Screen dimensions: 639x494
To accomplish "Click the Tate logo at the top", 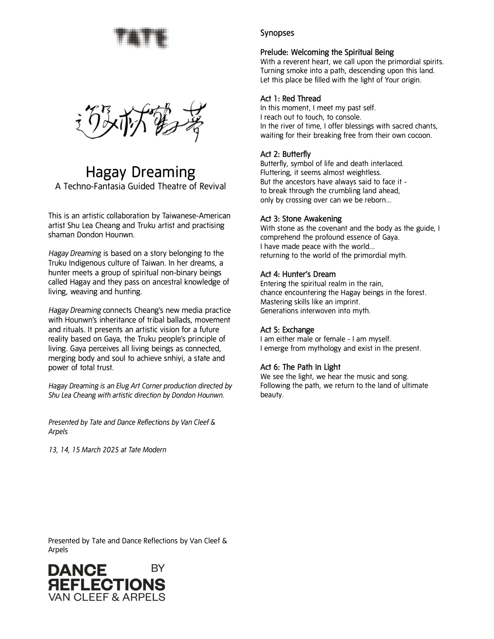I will (141, 38).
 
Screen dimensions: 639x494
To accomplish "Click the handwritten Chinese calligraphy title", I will (140, 123).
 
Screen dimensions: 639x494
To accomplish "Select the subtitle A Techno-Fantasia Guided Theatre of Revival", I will (140, 186).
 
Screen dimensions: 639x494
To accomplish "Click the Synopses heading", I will (277, 33).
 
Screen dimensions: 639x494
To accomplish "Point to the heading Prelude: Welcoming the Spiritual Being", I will (327, 52).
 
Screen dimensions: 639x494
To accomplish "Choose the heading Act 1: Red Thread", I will (291, 98).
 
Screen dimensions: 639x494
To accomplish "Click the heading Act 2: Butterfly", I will (286, 154).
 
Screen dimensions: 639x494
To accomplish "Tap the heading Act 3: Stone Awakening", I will (301, 219).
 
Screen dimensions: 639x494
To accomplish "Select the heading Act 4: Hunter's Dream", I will (298, 274).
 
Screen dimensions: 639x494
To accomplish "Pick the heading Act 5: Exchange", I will (287, 330).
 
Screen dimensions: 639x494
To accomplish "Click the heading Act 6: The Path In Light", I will (300, 367).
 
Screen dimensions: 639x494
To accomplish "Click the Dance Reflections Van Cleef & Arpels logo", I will (106, 582).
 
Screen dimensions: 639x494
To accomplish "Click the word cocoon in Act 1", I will (420, 136).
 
